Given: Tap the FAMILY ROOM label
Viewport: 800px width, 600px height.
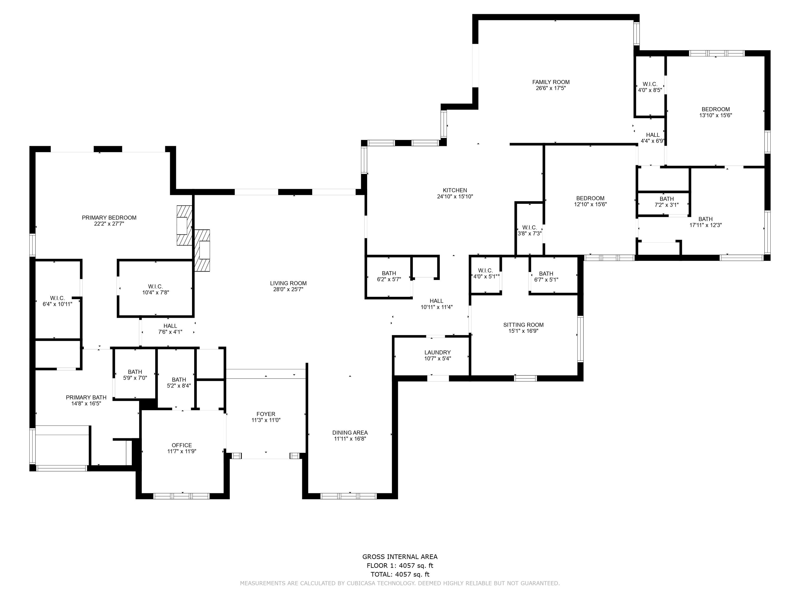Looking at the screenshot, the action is click(x=551, y=82).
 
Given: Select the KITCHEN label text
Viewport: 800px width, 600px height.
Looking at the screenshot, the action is click(x=455, y=190).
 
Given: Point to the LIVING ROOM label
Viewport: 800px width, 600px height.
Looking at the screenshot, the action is click(x=288, y=283).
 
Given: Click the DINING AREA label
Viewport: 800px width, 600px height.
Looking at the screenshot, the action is click(x=350, y=433).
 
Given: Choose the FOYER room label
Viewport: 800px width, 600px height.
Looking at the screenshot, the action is click(x=266, y=414).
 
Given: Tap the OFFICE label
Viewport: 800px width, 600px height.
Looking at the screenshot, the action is click(x=182, y=445).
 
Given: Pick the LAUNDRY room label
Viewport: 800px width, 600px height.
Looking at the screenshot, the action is click(x=438, y=353).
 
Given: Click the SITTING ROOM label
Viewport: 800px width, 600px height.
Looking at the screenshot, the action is click(x=523, y=325).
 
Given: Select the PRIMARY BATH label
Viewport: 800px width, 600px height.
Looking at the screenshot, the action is click(x=86, y=398).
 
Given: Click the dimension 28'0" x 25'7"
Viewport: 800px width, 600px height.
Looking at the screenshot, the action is click(x=288, y=289).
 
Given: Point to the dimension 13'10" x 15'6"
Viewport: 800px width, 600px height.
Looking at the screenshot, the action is click(x=716, y=115).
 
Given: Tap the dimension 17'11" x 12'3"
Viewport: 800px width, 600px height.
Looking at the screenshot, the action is click(x=706, y=225).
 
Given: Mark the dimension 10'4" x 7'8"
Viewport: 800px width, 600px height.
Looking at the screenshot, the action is click(x=155, y=293).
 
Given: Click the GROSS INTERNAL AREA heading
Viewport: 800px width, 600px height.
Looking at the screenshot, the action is click(x=400, y=557).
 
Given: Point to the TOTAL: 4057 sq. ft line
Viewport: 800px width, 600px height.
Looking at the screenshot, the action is click(x=400, y=574).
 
